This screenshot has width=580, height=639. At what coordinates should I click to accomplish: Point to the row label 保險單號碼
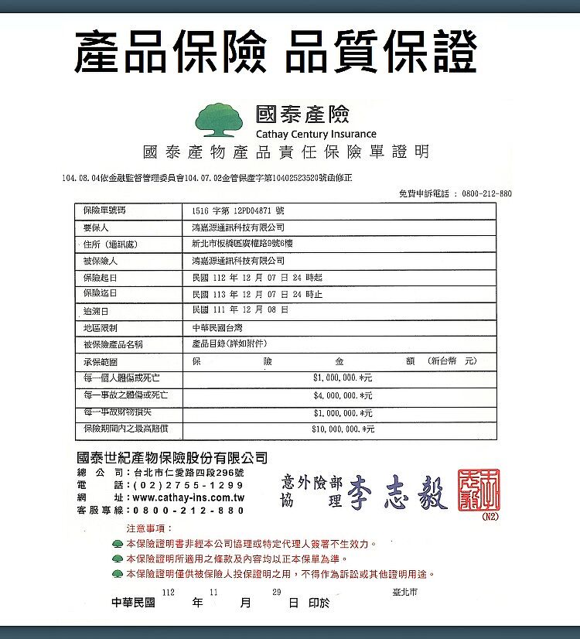point(104,210)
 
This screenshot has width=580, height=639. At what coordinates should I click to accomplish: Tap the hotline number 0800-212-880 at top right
point(486,193)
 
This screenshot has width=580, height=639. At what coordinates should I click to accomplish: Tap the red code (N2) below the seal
point(490,516)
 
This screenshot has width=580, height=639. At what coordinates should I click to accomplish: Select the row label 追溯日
point(96,311)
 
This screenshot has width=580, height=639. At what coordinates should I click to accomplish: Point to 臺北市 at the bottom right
point(404,593)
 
